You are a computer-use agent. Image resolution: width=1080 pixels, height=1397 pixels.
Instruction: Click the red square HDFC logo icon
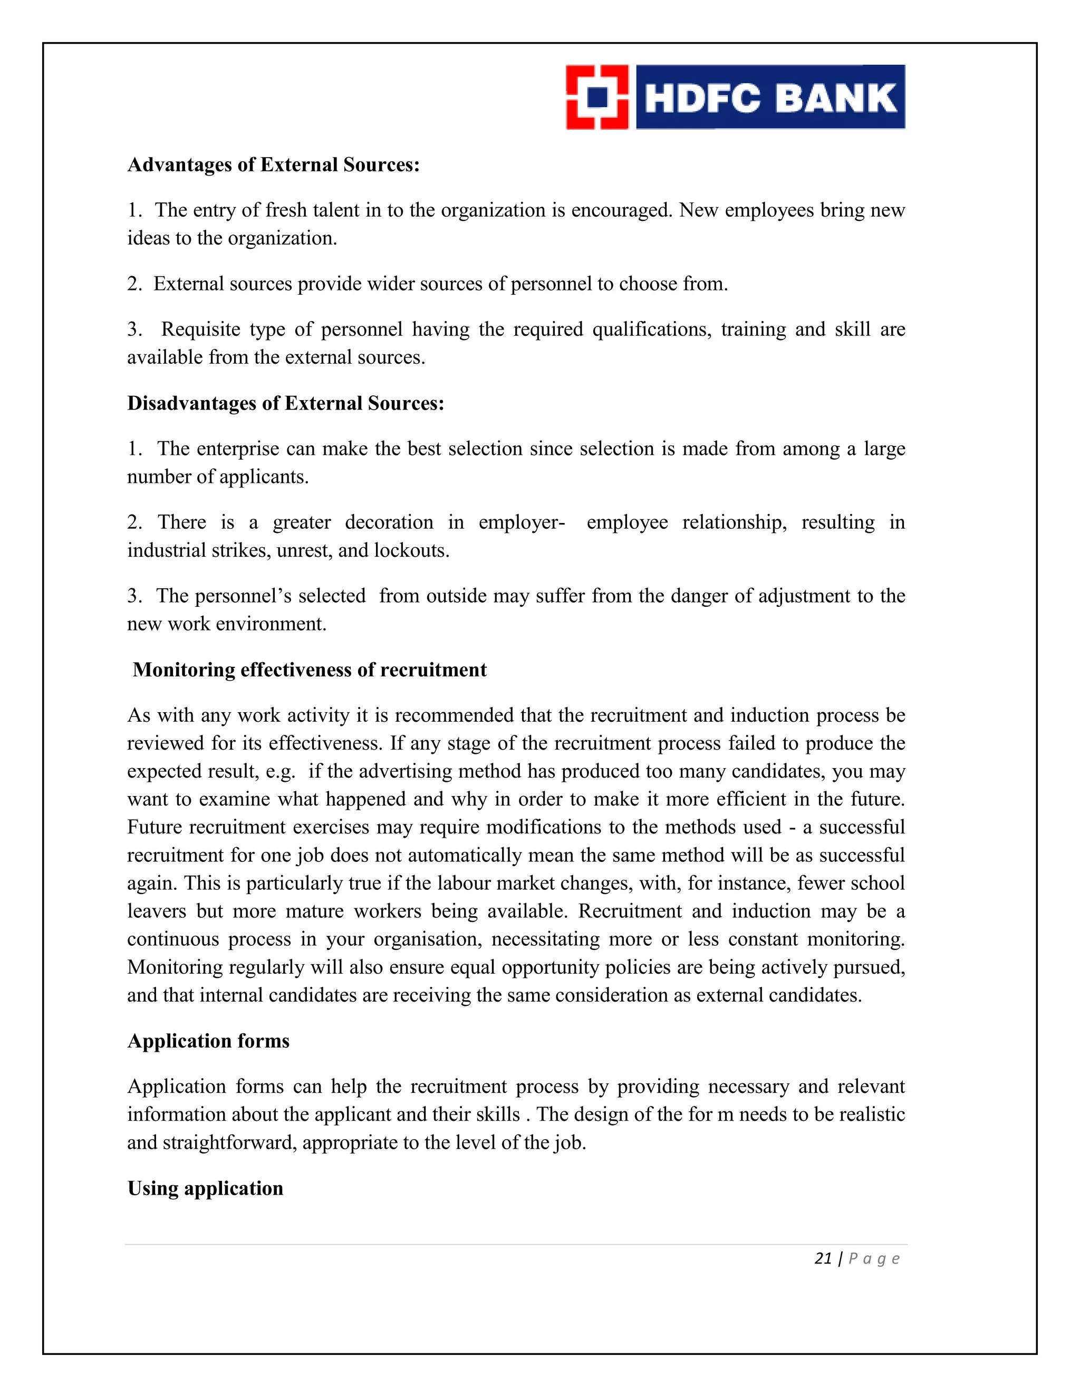click(x=597, y=97)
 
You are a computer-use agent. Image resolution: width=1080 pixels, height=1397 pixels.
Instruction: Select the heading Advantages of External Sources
click(x=273, y=165)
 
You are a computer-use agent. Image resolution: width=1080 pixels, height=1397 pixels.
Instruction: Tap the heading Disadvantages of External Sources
click(x=285, y=404)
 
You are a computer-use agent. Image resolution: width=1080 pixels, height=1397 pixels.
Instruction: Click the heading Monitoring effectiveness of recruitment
click(x=309, y=670)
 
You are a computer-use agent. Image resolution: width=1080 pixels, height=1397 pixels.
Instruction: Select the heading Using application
click(x=205, y=1188)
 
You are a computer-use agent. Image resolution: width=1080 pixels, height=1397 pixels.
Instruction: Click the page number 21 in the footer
click(x=823, y=1259)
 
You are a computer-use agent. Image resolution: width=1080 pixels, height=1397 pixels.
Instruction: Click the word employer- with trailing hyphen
click(x=522, y=522)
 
